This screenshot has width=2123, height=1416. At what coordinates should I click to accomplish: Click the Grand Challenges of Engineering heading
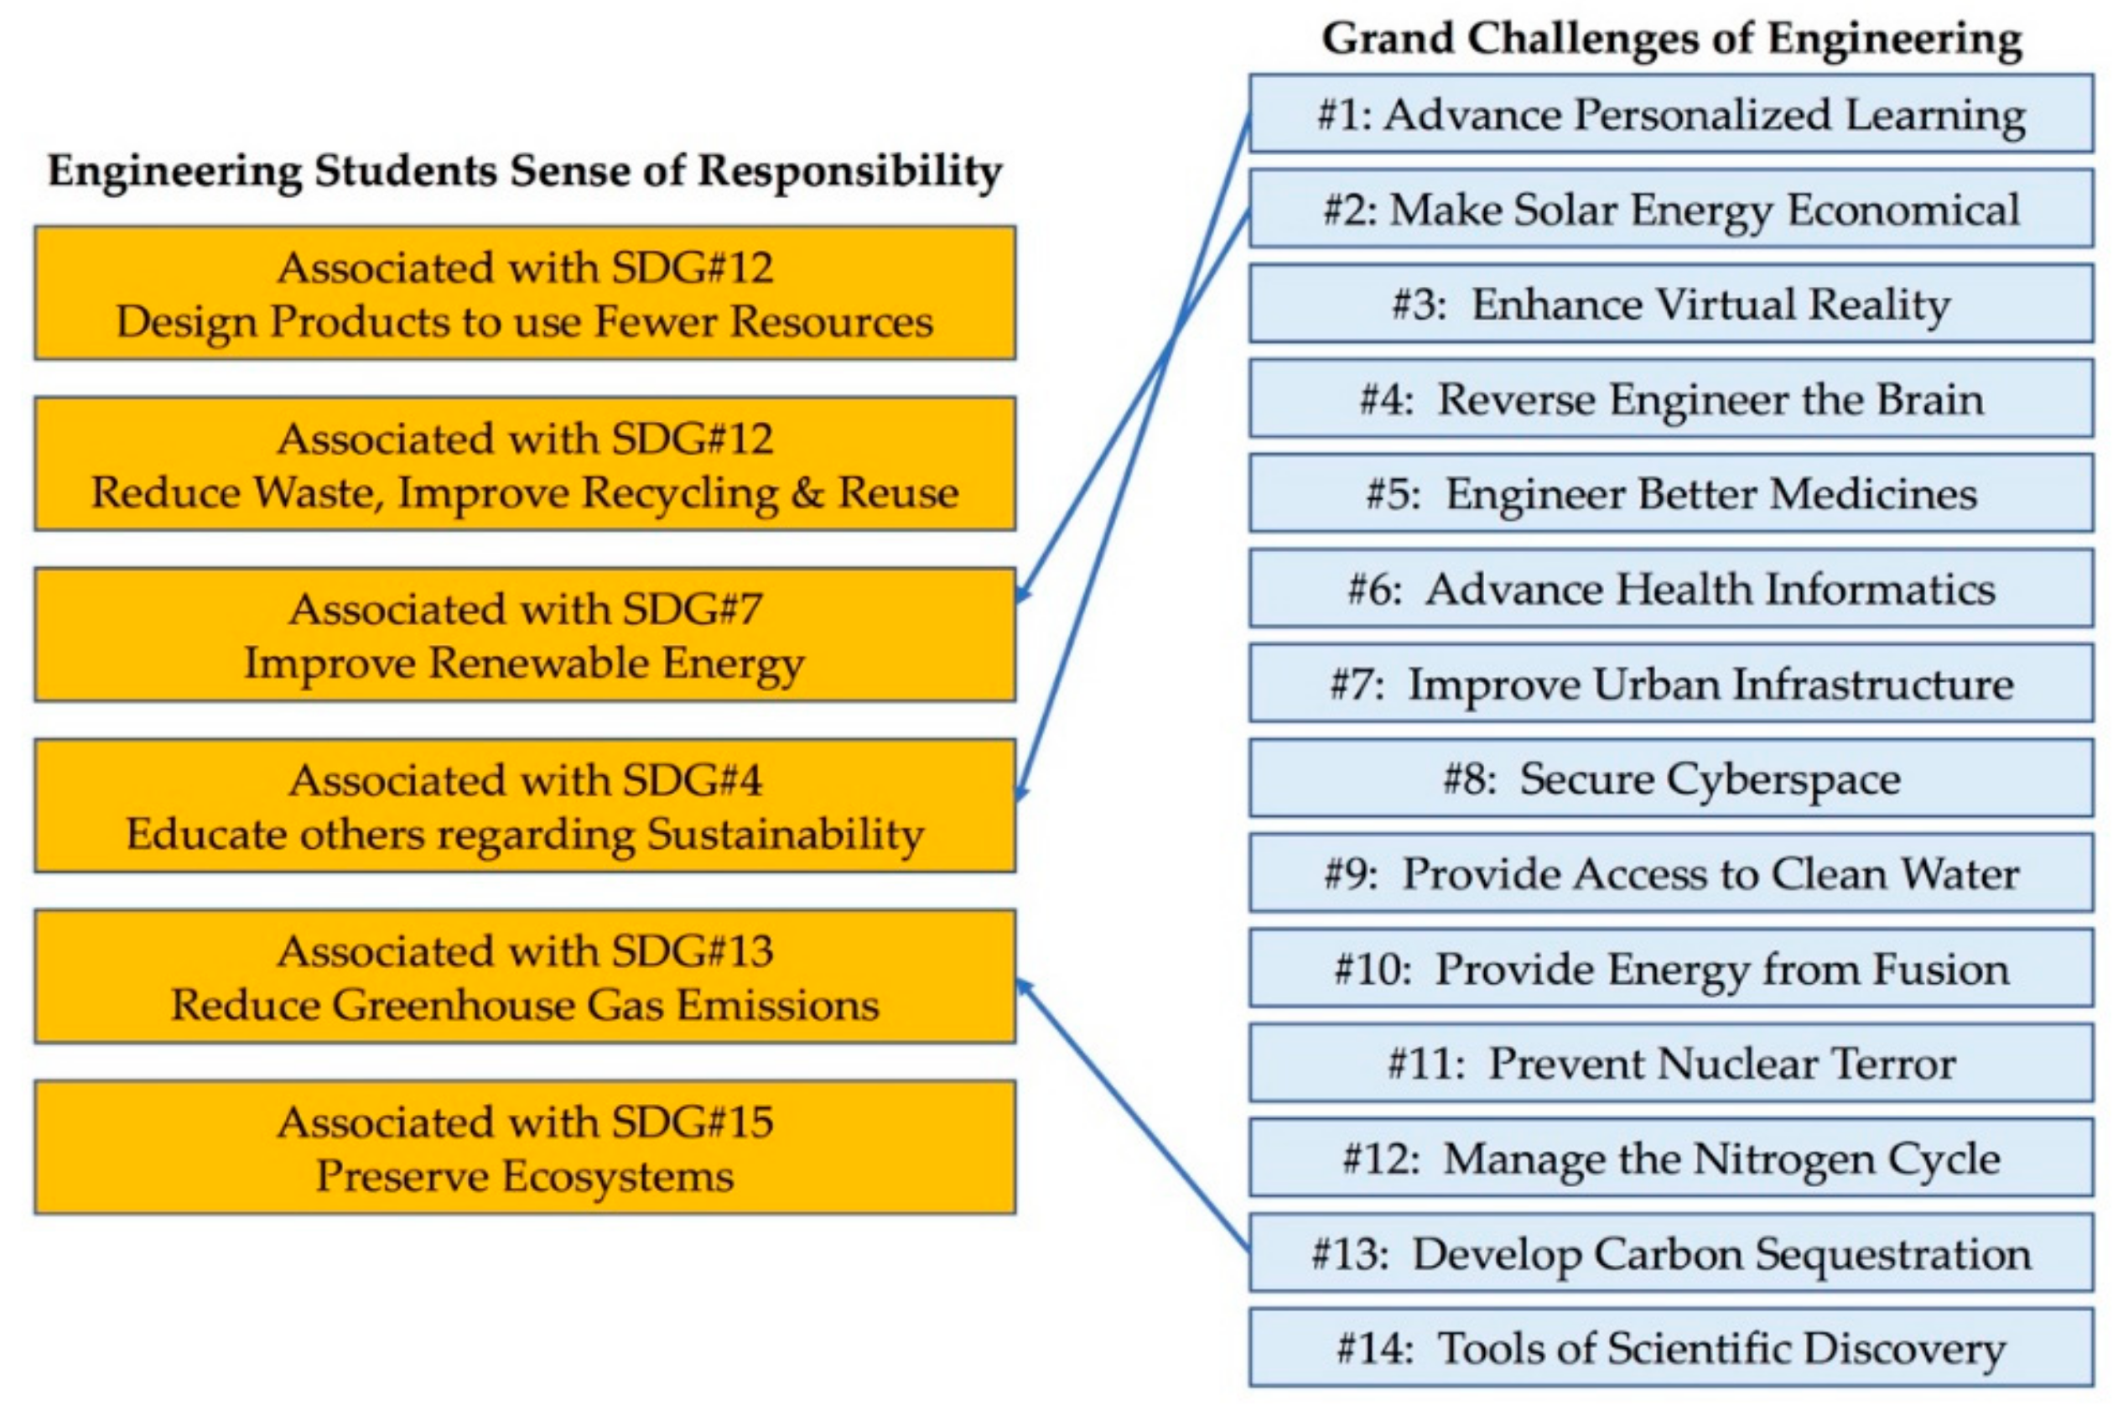[x=1671, y=39]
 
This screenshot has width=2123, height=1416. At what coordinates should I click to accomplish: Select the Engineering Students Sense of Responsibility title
[x=524, y=170]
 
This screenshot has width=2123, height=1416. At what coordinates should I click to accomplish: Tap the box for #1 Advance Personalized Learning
[x=1671, y=115]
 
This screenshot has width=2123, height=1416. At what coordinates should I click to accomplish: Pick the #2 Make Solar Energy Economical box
[x=1671, y=210]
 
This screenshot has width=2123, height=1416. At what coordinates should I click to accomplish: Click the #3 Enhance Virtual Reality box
[x=1671, y=305]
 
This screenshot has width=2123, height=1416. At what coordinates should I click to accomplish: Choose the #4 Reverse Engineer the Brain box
[x=1671, y=399]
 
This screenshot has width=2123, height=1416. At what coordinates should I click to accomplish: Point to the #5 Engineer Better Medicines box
[x=1671, y=494]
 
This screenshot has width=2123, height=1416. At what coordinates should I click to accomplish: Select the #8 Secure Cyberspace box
[x=1671, y=778]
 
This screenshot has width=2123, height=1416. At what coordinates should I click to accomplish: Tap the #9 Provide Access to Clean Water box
[x=1671, y=873]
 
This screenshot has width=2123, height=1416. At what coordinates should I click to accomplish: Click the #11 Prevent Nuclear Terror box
[x=1671, y=1063]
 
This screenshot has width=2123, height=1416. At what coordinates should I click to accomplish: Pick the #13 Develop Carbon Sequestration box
[x=1671, y=1253]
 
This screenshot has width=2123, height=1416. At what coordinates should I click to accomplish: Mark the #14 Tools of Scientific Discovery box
[x=1671, y=1348]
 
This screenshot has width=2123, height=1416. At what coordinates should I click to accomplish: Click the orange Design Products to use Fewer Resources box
[x=524, y=294]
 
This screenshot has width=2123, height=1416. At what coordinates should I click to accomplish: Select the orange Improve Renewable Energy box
[x=524, y=635]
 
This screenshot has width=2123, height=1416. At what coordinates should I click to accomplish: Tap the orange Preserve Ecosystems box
[x=524, y=1148]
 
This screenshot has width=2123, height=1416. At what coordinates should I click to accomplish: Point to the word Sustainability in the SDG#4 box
[x=786, y=835]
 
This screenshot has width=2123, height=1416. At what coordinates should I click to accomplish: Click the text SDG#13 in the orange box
[x=692, y=951]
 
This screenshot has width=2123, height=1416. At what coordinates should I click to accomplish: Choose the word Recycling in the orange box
[x=680, y=494]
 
